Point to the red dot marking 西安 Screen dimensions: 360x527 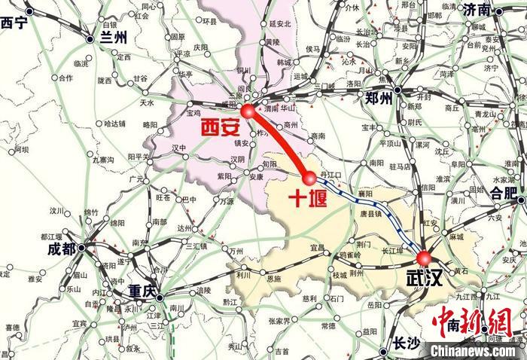pos(249,111)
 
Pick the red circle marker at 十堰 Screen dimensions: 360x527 pos(309,178)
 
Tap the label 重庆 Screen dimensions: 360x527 pos(142,291)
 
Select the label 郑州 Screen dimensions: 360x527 pos(378,99)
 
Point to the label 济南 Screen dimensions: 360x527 pos(477,10)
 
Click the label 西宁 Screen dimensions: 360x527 pos(14,23)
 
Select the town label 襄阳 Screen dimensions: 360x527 pos(366,193)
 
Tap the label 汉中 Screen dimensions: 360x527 pos(178,148)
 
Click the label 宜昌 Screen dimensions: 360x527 pos(317,247)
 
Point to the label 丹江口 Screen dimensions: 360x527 pos(332,174)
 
